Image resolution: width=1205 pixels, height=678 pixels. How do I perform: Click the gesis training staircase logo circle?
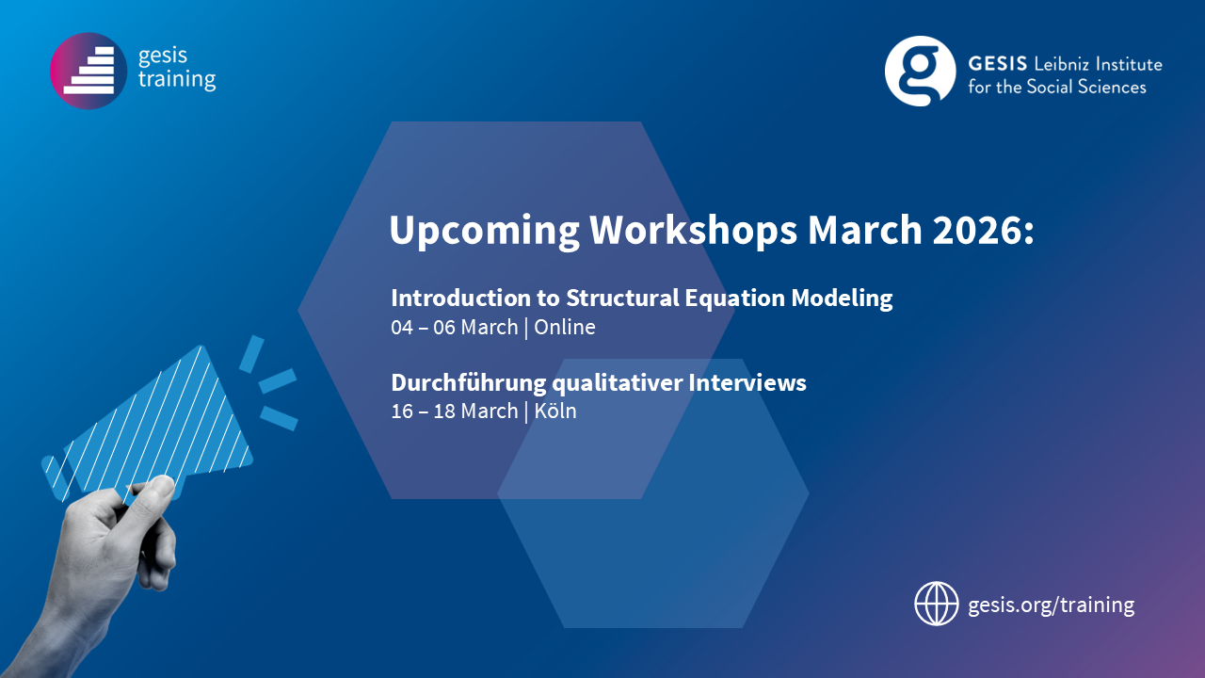tap(88, 71)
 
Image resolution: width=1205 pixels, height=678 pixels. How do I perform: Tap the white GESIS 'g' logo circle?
tap(921, 71)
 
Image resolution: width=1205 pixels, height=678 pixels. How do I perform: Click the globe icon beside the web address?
tap(937, 604)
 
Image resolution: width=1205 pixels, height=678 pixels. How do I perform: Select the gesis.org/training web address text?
tap(1052, 605)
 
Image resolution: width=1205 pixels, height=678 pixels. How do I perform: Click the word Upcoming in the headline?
tap(484, 232)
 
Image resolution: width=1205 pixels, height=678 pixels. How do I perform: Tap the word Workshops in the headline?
tap(693, 230)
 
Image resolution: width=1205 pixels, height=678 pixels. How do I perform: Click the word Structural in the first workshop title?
tap(619, 298)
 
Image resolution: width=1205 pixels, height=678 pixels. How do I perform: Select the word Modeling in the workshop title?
tap(842, 299)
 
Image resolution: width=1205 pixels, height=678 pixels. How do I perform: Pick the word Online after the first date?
tap(565, 327)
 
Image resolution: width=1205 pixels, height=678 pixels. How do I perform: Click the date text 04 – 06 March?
tap(455, 327)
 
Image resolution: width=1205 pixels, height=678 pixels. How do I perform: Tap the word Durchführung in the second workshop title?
tap(469, 383)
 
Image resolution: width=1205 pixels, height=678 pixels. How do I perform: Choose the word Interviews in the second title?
tap(747, 382)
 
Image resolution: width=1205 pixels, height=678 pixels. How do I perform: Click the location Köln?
tap(555, 412)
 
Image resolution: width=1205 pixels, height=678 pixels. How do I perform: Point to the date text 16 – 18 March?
tap(454, 412)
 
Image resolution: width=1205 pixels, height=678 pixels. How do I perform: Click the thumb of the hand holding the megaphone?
tap(153, 491)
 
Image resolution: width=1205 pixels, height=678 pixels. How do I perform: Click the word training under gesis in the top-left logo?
tap(177, 80)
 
